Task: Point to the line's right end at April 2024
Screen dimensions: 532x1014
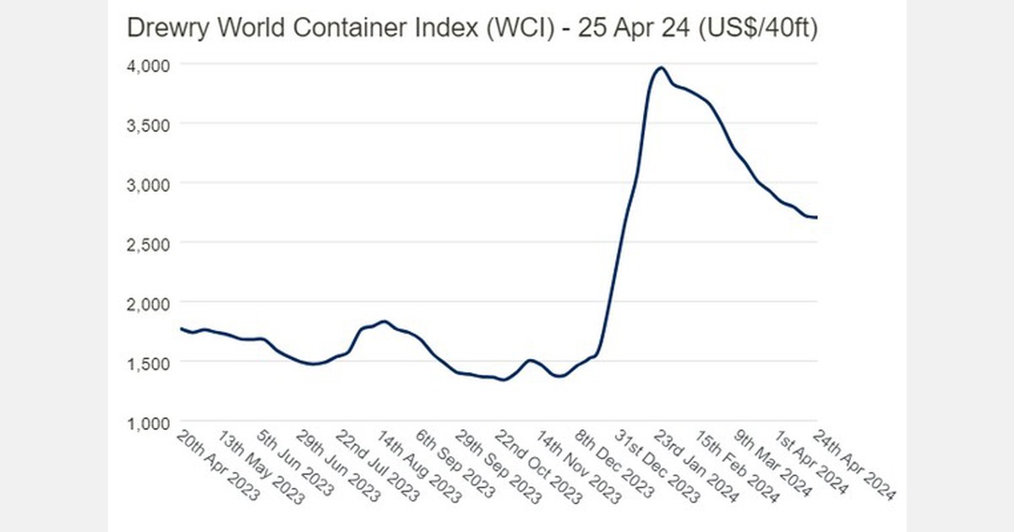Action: point(816,218)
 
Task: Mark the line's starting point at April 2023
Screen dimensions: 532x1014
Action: point(182,328)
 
